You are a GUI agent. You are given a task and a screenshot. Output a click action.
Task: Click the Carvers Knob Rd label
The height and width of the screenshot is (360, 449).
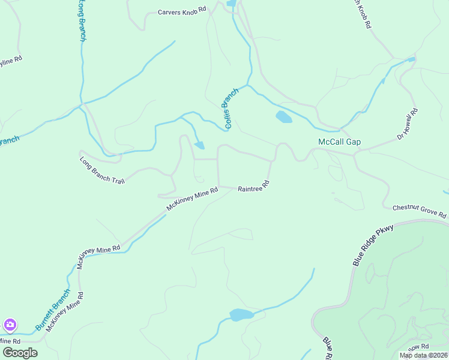coord(182,11)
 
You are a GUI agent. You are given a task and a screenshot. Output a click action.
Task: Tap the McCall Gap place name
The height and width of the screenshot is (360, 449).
coord(339,142)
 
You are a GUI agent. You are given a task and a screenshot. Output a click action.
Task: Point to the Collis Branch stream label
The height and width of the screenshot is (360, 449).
coord(231,108)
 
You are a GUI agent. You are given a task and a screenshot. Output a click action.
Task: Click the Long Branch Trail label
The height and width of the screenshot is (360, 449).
coord(102,170)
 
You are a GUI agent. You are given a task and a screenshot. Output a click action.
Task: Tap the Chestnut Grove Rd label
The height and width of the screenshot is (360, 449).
coord(420,211)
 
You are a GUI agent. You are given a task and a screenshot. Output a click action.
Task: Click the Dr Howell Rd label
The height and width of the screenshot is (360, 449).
coord(408,124)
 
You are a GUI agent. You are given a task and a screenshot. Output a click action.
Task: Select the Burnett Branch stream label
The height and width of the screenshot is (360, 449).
coord(53,310)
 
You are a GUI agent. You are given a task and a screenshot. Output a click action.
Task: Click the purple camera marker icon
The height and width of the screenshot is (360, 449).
coord(10,325)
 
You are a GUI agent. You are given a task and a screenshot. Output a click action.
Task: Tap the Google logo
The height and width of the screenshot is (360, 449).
coord(20,353)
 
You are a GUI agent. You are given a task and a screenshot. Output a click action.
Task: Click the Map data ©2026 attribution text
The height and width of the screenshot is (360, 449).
coord(423,355)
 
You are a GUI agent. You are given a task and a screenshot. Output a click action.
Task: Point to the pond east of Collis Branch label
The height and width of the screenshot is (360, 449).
coord(283,117)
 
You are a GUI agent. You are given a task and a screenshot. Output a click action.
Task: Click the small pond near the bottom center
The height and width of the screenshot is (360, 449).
coord(242,315)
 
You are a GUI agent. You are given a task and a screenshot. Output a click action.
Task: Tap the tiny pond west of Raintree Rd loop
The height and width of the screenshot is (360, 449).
coord(199,145)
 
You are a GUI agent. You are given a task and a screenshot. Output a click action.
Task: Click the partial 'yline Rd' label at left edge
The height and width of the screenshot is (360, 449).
coord(11,60)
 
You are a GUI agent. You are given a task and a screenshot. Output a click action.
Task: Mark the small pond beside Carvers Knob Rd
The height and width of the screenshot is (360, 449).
coord(231,4)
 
